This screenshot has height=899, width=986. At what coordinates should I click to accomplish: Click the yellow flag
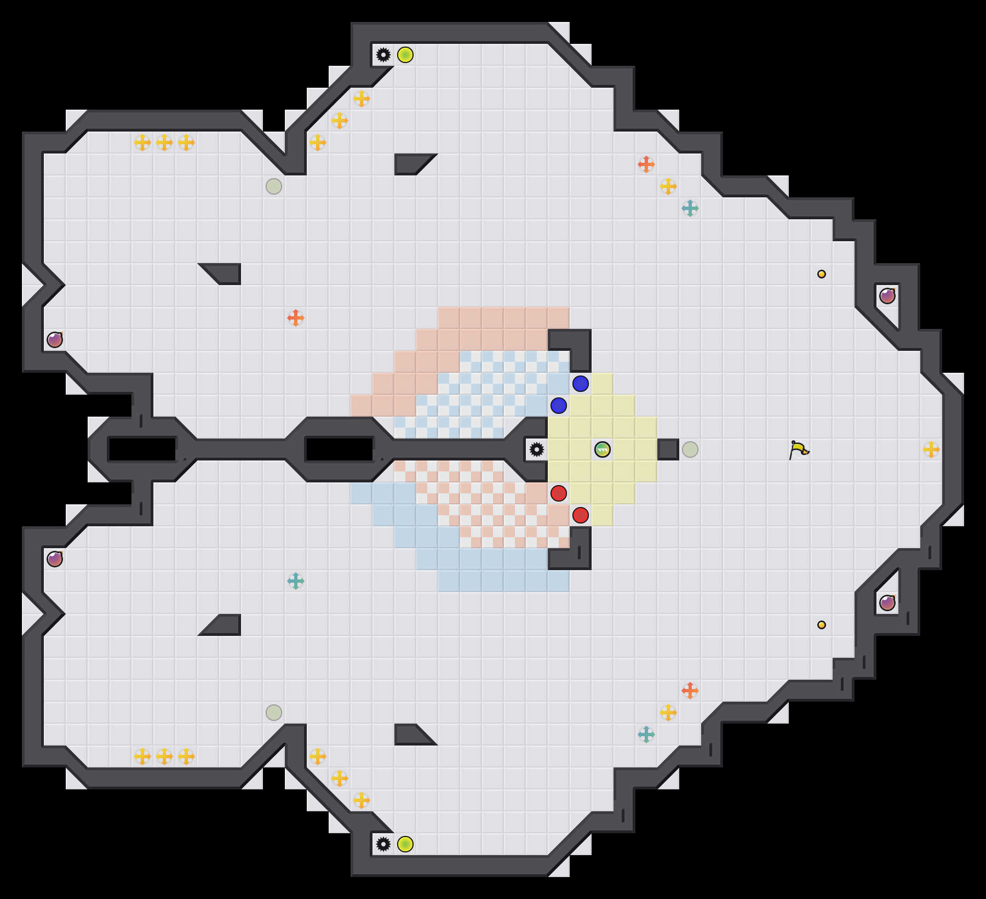[x=799, y=450]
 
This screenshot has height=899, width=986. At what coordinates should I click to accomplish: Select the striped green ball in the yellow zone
[x=603, y=450]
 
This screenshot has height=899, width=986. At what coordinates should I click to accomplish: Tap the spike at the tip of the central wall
[x=537, y=450]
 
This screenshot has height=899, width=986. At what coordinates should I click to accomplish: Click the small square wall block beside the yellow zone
[x=668, y=450]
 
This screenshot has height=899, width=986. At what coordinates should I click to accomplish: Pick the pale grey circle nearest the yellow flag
[x=690, y=450]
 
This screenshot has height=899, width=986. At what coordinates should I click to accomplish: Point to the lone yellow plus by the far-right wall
[x=931, y=450]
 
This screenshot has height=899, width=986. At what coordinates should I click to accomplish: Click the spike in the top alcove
[x=383, y=55]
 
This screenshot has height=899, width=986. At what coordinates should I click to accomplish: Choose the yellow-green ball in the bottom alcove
[x=405, y=844]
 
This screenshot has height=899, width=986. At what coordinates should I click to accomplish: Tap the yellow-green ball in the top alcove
[x=405, y=55]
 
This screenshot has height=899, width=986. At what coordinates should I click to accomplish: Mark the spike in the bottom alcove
[x=383, y=844]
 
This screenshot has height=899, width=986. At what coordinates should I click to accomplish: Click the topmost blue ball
[x=581, y=384]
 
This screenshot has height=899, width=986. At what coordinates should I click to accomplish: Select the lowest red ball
[x=581, y=515]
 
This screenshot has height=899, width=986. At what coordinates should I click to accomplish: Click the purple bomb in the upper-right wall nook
[x=887, y=296]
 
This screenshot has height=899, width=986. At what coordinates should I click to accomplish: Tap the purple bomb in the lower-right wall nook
[x=887, y=603]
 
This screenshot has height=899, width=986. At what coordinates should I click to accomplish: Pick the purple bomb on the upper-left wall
[x=55, y=340]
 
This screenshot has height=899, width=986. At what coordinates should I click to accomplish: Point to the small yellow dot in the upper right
[x=822, y=274]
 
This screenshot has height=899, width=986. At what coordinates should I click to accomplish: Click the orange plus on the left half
[x=296, y=318]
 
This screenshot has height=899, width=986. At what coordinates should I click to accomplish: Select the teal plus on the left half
[x=296, y=581]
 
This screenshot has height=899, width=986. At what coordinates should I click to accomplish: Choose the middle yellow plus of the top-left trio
[x=164, y=143]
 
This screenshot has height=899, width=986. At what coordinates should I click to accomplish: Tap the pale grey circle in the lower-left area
[x=274, y=713]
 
